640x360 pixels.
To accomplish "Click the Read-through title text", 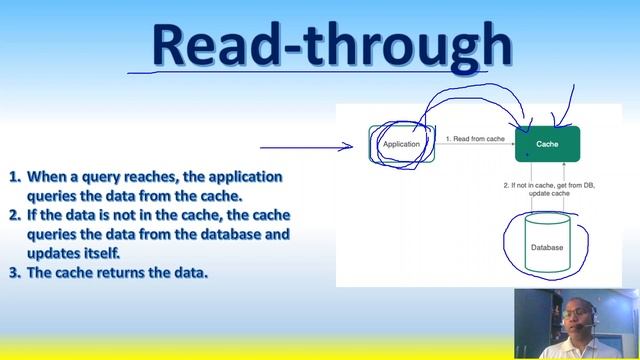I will tap(331, 46).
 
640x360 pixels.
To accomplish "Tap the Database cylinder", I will tap(546, 247).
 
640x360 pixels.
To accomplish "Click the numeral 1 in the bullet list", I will tap(14, 176).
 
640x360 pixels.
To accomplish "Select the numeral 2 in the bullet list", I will tap(14, 215).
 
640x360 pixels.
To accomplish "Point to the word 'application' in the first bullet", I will tap(244, 176).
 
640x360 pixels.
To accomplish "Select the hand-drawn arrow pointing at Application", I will tap(305, 147).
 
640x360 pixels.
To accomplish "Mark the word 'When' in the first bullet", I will tap(46, 176).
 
